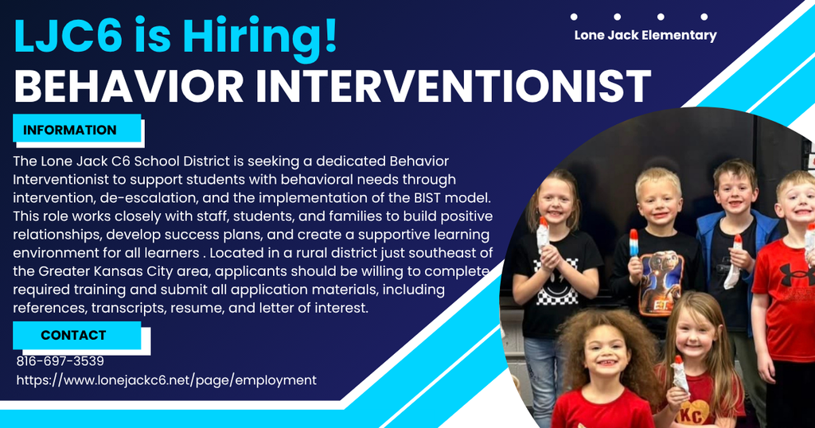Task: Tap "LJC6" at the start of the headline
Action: point(68,37)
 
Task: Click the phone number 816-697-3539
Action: point(60,361)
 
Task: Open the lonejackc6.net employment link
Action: point(166,380)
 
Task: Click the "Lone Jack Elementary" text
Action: point(645,35)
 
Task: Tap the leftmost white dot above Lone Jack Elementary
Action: point(575,17)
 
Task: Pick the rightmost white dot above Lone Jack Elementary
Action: point(704,17)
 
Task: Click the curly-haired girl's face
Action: point(605,355)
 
